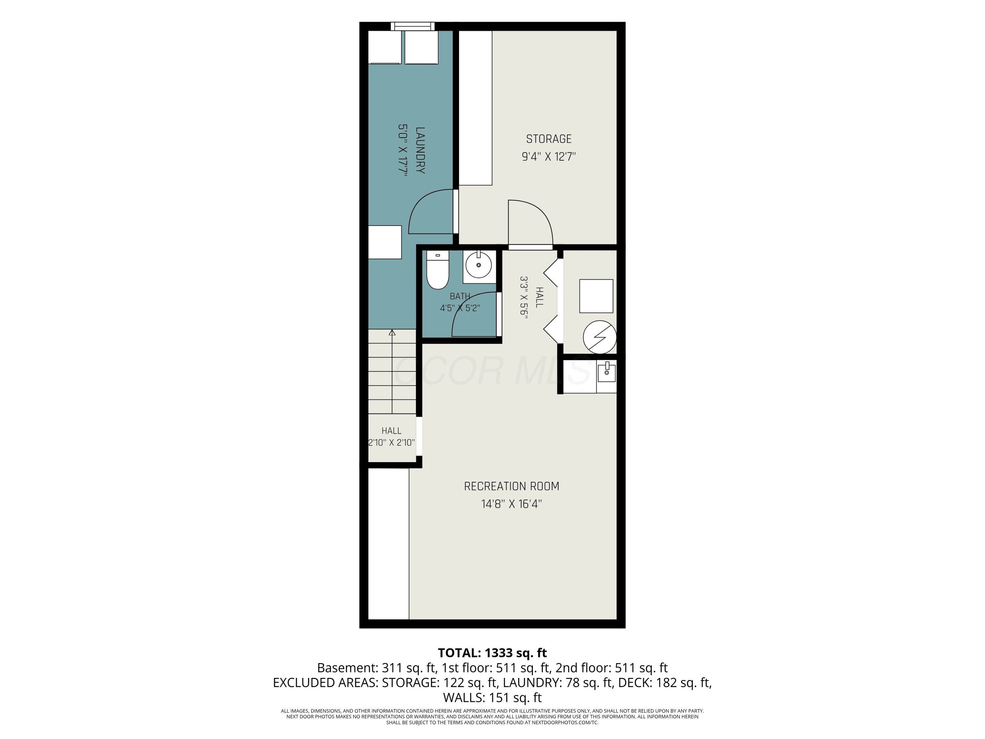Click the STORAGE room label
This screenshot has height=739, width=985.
(549, 139)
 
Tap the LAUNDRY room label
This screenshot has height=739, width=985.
(420, 150)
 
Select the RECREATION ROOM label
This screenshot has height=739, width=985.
(512, 486)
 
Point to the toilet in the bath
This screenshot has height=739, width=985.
(437, 270)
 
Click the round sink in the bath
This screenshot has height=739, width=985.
(479, 265)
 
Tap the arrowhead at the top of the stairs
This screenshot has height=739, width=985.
(392, 332)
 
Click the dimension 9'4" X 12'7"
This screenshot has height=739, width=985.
(549, 157)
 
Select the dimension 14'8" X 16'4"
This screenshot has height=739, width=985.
(512, 504)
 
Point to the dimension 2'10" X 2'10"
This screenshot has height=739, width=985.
(391, 443)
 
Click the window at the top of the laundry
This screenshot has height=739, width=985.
(413, 26)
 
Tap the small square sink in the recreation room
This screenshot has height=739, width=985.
(606, 372)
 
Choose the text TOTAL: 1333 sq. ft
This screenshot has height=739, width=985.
(492, 653)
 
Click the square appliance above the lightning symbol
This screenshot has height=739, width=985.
(596, 296)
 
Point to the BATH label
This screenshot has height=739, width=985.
(460, 296)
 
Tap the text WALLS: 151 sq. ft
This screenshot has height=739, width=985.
(492, 698)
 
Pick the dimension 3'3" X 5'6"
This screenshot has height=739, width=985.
(524, 296)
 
